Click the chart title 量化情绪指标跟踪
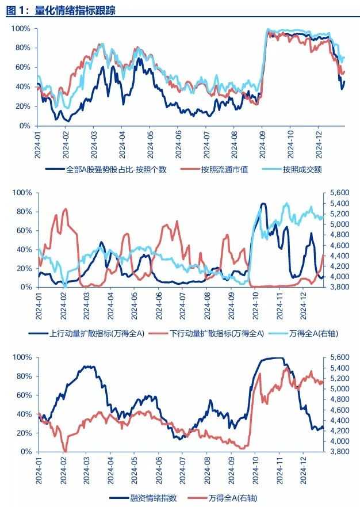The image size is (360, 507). (x=73, y=10)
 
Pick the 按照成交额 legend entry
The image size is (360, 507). (x=301, y=170)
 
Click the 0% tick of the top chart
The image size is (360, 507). (x=24, y=125)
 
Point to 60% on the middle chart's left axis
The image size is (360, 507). (x=23, y=230)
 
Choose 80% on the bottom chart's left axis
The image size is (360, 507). (x=23, y=376)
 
